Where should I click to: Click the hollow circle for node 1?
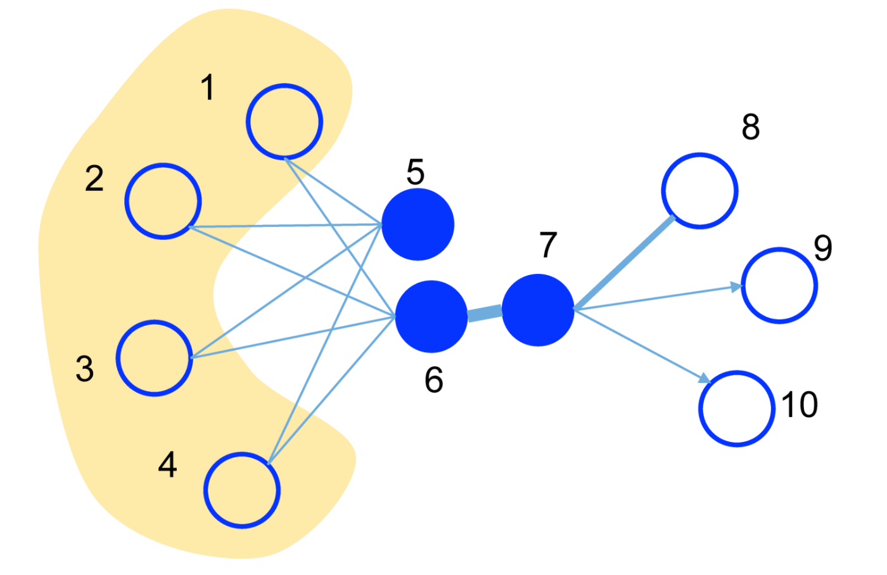(x=284, y=122)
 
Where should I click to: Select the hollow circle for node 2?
(x=163, y=201)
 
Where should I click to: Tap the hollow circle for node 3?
(x=154, y=358)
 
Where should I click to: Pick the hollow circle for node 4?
(x=242, y=490)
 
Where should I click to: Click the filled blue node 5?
(x=418, y=224)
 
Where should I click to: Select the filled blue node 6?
(x=431, y=316)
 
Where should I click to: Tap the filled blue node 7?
(x=538, y=310)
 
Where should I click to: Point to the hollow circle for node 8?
(x=699, y=190)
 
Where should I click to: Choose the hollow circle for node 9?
(x=779, y=285)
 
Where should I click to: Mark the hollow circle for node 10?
(x=737, y=408)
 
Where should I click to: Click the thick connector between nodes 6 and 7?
(x=485, y=313)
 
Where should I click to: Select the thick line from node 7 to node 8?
(x=624, y=262)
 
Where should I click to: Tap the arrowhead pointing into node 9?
(x=736, y=287)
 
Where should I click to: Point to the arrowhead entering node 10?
(x=705, y=379)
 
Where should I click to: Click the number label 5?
(x=415, y=172)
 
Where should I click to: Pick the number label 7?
(x=548, y=245)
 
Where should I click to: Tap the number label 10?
(x=800, y=404)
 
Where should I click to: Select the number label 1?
(x=208, y=87)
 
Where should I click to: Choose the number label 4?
(x=167, y=465)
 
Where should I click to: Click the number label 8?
(x=751, y=127)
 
